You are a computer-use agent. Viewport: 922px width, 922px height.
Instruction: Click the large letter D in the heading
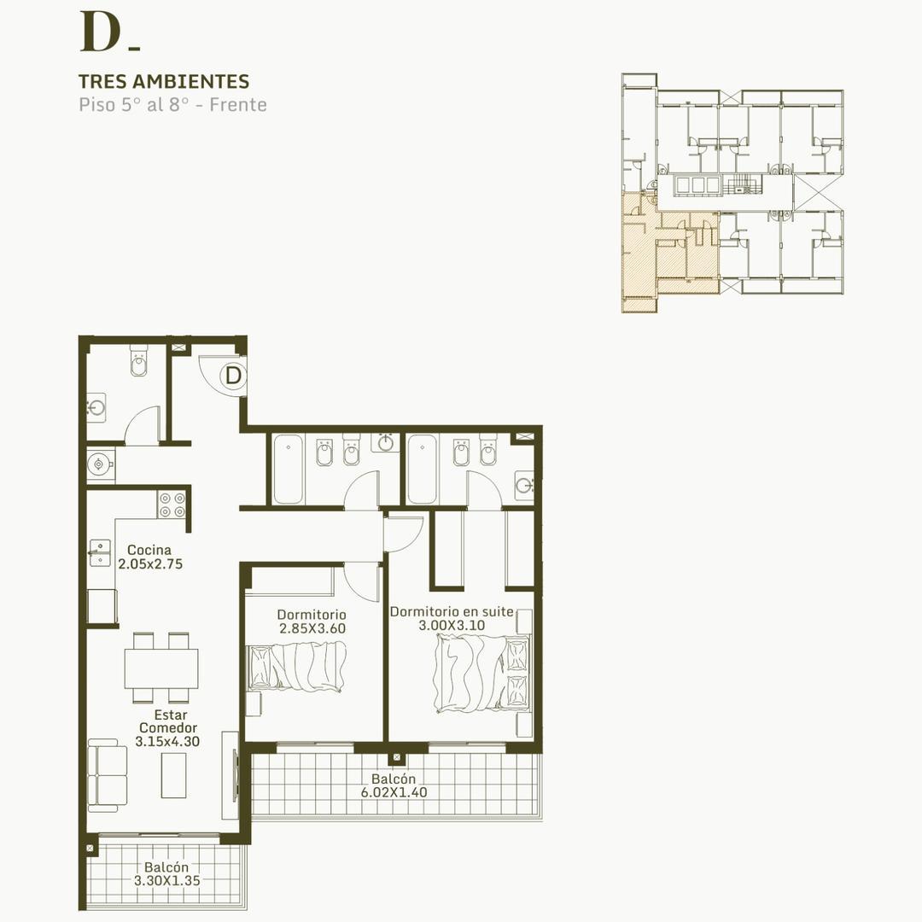point(99,32)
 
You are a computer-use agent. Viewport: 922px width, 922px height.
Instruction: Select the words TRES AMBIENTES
point(164,82)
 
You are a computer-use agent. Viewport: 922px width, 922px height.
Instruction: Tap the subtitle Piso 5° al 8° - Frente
point(172,106)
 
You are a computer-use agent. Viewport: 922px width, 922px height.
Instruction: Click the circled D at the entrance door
point(233,375)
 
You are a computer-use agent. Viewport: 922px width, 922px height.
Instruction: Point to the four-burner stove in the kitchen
point(172,505)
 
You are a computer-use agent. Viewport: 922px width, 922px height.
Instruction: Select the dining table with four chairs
point(161,668)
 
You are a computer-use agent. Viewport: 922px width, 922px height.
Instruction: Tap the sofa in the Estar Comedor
point(107,775)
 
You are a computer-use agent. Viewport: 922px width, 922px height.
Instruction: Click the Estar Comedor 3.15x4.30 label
point(168,728)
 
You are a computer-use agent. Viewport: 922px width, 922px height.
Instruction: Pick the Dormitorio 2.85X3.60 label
point(312,621)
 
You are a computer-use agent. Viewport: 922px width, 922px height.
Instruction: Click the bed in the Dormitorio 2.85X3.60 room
point(297,666)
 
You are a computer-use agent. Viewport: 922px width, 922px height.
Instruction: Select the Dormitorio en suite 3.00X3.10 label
point(452,618)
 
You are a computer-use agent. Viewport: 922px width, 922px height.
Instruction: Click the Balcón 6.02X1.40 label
point(394,785)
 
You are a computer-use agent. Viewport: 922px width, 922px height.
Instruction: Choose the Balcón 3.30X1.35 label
point(166,873)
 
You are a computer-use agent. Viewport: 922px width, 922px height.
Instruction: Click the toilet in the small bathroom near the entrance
point(138,364)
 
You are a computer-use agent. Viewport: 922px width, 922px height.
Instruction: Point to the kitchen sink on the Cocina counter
point(100,552)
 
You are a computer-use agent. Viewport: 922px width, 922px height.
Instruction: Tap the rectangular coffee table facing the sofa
point(173,775)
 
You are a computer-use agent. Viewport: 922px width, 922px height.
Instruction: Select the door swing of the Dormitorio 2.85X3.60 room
point(362,582)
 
